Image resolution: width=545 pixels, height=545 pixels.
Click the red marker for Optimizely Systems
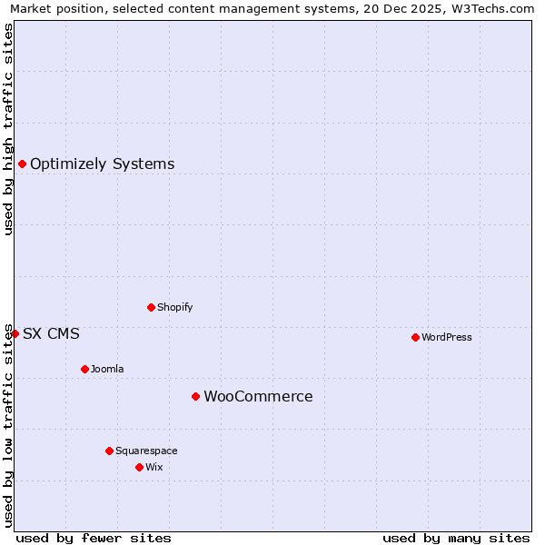22,163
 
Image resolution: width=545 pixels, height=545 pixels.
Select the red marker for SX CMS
15,333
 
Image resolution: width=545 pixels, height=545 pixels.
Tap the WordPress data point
415,337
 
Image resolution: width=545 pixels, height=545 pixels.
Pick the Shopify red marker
151,307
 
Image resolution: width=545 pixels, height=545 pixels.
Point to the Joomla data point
84,369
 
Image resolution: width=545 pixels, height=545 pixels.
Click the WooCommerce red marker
195,396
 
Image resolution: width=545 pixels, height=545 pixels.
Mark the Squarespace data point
109,451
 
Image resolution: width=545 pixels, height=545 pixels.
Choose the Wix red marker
139,467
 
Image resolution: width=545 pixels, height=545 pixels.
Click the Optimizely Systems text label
102,164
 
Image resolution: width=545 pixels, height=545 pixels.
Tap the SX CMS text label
51,334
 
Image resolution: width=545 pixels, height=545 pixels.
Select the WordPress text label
447,338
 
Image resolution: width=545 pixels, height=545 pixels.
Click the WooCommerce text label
258,397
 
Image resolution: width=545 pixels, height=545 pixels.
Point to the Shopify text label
174,308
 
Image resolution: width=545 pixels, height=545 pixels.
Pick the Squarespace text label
146,451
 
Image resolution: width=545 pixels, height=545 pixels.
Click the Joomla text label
107,370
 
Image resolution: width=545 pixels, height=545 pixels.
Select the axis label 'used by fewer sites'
94,538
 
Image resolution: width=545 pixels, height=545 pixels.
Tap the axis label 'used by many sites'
456,538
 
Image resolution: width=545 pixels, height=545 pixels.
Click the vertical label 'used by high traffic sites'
8,129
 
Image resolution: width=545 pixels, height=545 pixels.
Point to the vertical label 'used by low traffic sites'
8,424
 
